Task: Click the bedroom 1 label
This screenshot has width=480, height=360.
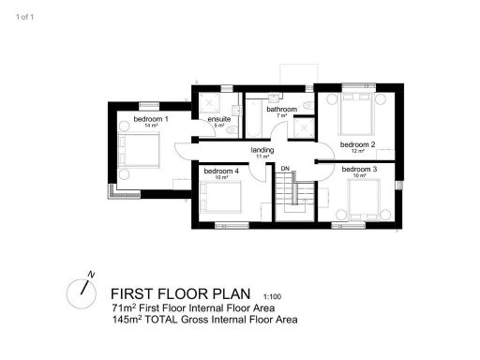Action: point(150,120)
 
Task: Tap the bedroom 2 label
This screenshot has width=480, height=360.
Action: point(357,144)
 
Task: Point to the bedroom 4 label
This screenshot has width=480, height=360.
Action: point(221,171)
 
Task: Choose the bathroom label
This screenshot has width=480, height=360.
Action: point(281,110)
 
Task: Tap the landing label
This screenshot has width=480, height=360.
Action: point(262,150)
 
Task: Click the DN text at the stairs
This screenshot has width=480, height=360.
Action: point(285,168)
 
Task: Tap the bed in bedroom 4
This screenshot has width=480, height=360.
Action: point(221,199)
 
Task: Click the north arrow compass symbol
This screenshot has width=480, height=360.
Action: point(82,291)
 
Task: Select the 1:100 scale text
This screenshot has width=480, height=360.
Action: point(273,295)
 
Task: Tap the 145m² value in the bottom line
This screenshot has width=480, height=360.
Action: point(125,320)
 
